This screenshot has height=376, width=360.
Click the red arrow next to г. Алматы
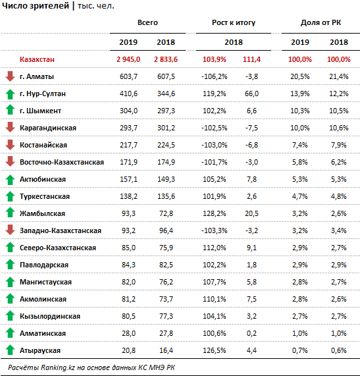coord(10,76)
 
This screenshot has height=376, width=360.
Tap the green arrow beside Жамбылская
coord(10,213)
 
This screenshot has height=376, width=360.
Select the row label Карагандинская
coord(48,128)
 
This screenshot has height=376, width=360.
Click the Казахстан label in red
coord(37,59)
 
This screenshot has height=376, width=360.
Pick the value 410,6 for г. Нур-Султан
coord(128,94)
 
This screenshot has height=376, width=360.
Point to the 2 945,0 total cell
coord(128,59)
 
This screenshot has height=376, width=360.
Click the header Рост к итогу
coord(234,22)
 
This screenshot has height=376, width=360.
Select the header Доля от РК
coord(321,22)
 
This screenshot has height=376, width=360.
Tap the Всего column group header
coord(147,22)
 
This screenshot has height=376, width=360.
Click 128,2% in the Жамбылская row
coord(215,213)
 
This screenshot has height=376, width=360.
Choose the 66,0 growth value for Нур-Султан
coord(251,94)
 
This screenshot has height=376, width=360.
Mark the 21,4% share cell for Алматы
coord(339,76)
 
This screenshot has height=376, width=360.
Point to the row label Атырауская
coord(40,350)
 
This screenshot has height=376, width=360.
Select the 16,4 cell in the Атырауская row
coord(166,350)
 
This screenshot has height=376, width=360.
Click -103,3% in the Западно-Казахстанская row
coord(215,230)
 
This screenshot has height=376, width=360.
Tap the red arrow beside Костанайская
coord(10,145)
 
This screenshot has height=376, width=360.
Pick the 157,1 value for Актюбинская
coord(128,179)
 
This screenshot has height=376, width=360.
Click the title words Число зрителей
coord(36,6)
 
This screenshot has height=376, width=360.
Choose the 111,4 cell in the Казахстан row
coord(251,59)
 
